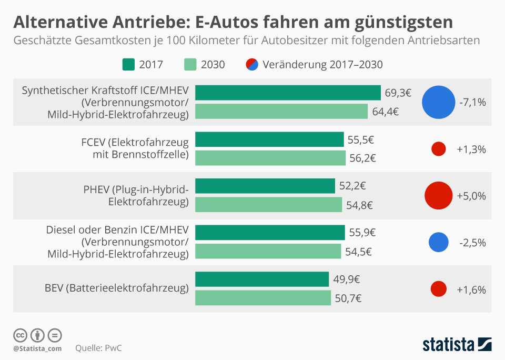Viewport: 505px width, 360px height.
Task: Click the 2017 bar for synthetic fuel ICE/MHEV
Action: [x=288, y=93]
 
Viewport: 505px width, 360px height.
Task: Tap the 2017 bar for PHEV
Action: [x=265, y=186]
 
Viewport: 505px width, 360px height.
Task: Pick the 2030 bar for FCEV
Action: [x=270, y=158]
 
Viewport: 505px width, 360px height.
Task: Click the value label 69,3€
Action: [x=398, y=93]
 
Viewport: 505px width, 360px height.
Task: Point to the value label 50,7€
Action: [x=348, y=298]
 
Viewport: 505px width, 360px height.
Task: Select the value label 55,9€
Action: [x=362, y=232]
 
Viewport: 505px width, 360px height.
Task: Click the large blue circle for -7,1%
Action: [x=438, y=102]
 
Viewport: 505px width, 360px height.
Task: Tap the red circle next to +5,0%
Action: [x=439, y=195]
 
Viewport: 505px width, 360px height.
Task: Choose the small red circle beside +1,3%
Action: [x=439, y=149]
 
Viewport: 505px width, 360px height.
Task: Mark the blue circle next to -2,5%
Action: [x=439, y=242]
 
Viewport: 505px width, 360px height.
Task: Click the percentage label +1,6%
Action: [x=471, y=289]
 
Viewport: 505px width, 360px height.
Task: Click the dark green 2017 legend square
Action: [x=128, y=65]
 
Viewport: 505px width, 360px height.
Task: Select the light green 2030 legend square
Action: [x=190, y=65]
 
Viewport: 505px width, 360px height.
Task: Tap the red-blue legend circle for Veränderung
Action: [x=252, y=65]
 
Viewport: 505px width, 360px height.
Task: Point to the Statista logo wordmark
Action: [x=448, y=345]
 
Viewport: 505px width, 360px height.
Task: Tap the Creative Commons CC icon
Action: [x=21, y=335]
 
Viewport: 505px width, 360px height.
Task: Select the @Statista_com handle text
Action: [x=37, y=348]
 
